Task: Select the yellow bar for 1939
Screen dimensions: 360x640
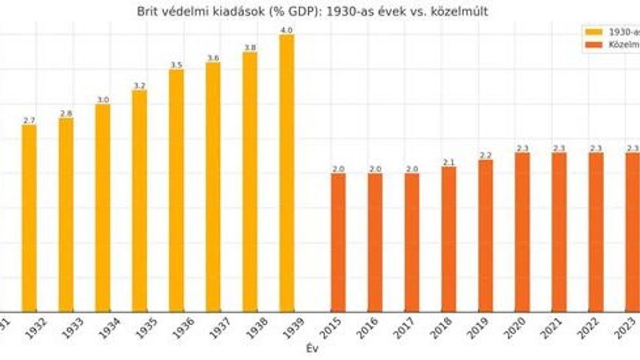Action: click(x=286, y=173)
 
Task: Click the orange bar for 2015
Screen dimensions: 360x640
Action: click(x=338, y=243)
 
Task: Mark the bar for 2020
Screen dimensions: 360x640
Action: click(x=523, y=232)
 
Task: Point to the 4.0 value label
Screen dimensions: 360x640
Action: click(x=286, y=30)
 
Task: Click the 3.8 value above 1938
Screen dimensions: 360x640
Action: click(x=250, y=47)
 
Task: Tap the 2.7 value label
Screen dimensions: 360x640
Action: click(x=29, y=121)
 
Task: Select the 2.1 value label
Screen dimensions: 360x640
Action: click(x=449, y=162)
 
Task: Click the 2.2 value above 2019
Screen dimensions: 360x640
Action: click(x=485, y=155)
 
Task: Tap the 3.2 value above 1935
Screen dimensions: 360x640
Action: click(x=139, y=86)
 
